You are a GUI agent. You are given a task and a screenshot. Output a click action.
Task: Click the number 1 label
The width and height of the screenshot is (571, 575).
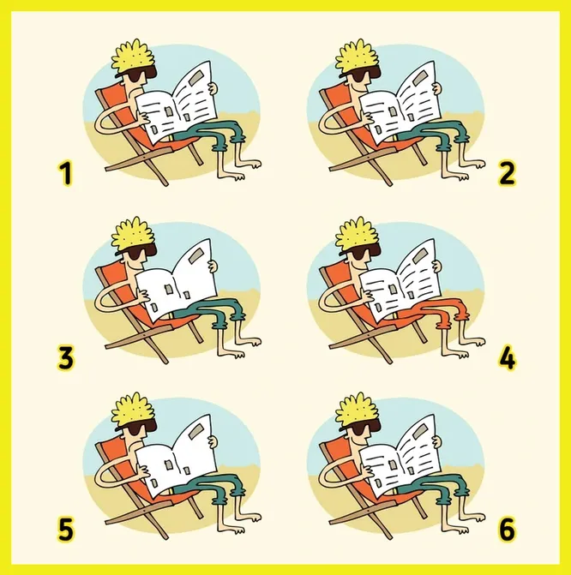(66, 174)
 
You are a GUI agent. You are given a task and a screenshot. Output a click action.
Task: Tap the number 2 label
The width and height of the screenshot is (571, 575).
(508, 174)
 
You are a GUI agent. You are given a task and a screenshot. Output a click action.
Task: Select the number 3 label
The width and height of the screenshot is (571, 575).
(66, 358)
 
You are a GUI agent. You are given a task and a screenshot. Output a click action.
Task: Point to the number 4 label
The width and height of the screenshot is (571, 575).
(508, 358)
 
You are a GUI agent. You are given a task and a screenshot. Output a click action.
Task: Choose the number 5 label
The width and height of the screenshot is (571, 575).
(66, 530)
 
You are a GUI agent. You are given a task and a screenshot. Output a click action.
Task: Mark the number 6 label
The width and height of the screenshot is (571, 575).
(508, 530)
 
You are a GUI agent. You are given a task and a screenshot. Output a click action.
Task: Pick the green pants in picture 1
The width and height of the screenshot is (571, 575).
(209, 135)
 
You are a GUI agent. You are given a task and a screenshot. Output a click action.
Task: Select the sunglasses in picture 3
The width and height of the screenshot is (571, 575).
(139, 253)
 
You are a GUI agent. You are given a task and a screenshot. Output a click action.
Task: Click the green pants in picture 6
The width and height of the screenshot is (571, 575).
(433, 488)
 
